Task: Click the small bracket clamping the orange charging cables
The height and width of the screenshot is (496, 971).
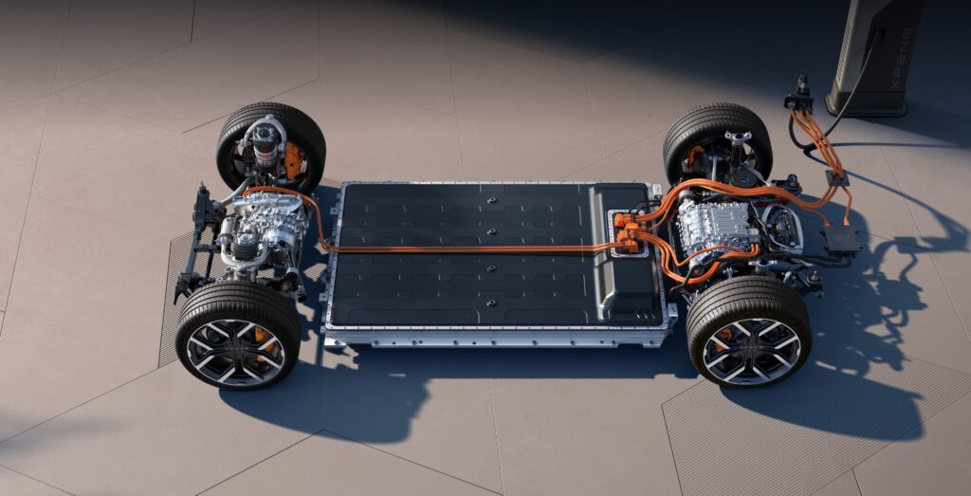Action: (837, 177)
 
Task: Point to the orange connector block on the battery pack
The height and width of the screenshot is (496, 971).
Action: (628, 231)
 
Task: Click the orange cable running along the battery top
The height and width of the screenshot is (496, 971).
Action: (470, 248)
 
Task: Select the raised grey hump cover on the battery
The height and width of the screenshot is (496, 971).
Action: (624, 254)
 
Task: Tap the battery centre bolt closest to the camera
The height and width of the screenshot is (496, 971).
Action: (492, 303)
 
